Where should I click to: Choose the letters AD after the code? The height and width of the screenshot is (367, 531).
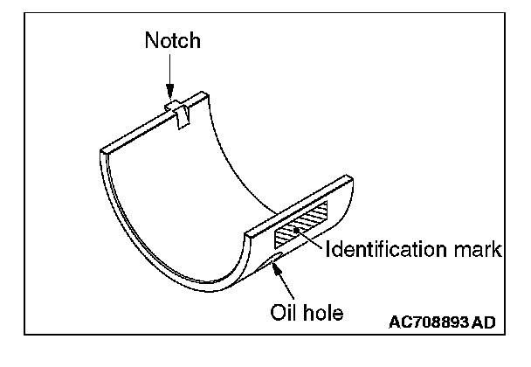click(x=483, y=323)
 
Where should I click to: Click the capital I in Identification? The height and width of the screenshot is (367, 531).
click(x=328, y=251)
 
